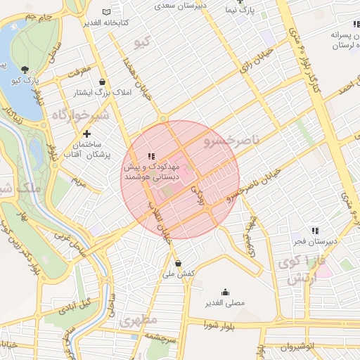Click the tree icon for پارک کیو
[26, 69]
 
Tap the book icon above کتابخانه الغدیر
[106, 12]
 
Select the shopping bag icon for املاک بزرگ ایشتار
[103, 82]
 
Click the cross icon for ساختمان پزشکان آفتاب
[87, 134]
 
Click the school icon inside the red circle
[150, 155]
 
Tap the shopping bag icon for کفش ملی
[179, 263]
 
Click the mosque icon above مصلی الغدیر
[226, 292]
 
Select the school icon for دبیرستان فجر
[316, 231]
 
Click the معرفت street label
[79, 71]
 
